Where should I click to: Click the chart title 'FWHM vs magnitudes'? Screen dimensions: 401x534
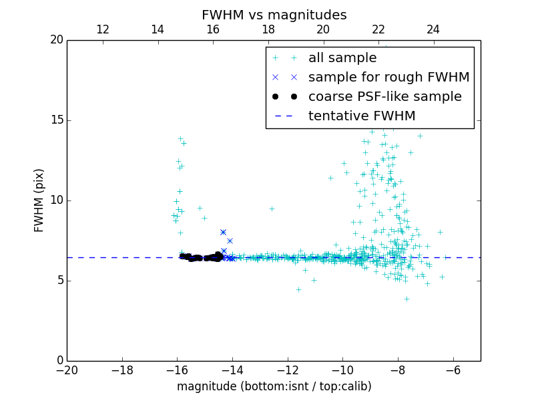[x=274, y=15]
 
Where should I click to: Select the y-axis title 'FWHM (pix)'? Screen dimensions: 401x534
[x=39, y=200]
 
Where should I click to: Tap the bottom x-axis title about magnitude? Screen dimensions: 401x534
[x=274, y=386]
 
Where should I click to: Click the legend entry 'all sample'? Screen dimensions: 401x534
[x=342, y=58]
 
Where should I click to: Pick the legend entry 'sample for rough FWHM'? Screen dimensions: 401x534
[x=388, y=78]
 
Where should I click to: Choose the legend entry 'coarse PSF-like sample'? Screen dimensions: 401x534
[x=384, y=97]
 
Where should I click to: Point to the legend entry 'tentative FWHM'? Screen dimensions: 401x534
[x=362, y=116]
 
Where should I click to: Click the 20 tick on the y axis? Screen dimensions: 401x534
[x=56, y=40]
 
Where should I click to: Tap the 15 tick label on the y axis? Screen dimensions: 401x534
[x=56, y=120]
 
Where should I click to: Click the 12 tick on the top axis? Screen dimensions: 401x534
[x=103, y=29]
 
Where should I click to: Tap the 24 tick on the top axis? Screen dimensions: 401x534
[x=433, y=29]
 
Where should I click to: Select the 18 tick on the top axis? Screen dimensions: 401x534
[x=268, y=29]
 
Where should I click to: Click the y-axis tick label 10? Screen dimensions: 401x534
[x=56, y=200]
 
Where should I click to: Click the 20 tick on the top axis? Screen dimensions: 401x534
[x=323, y=29]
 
